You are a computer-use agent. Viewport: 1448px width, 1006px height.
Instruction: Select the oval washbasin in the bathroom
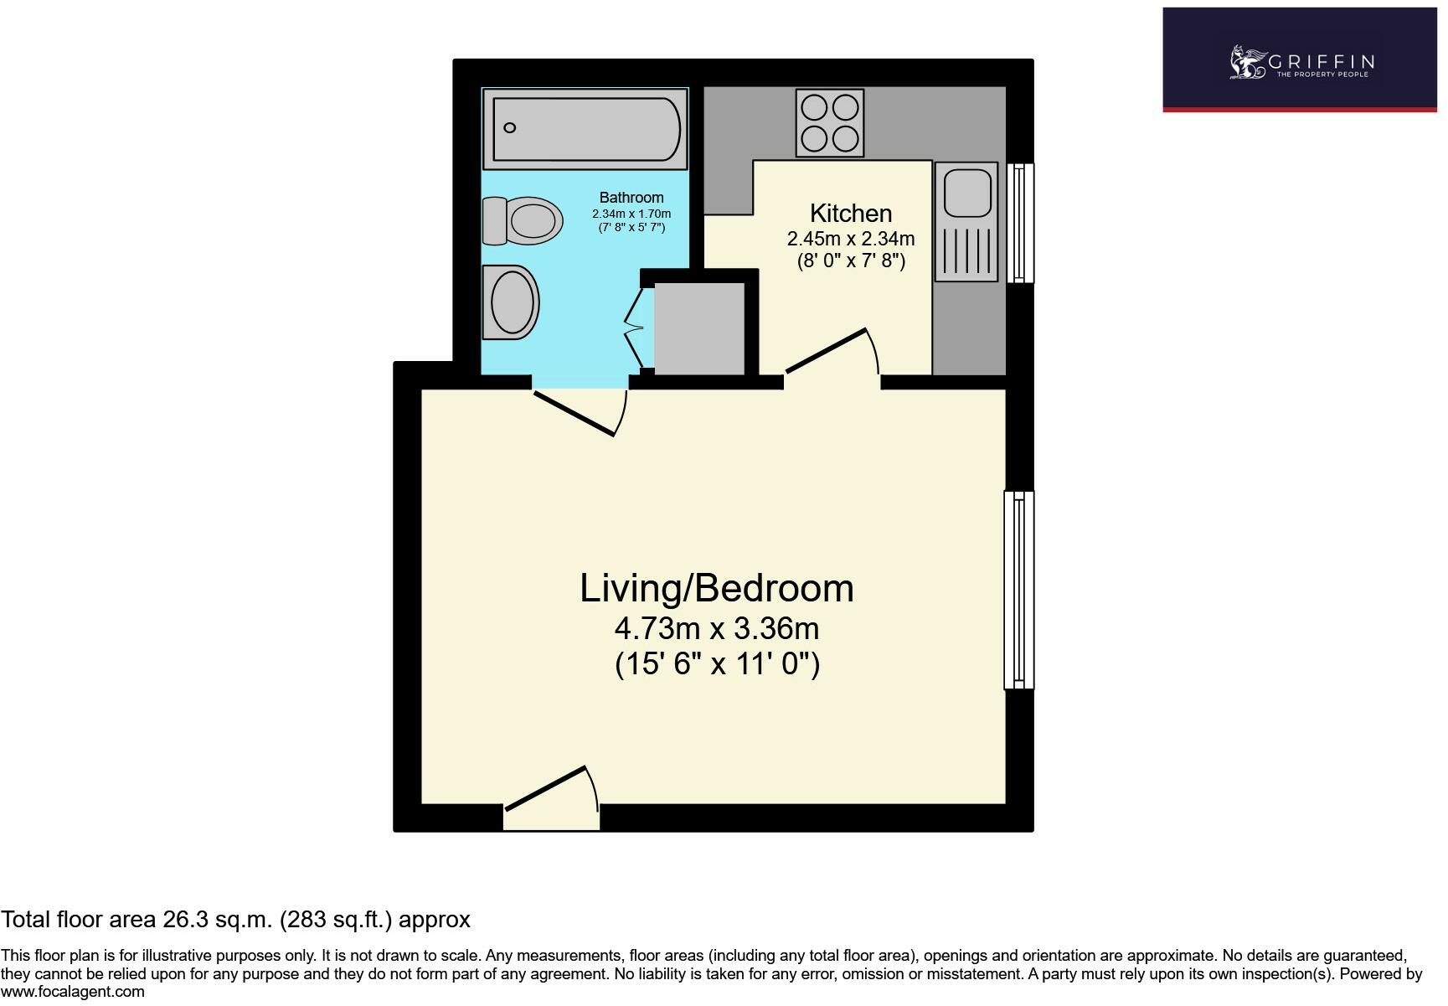pos(510,302)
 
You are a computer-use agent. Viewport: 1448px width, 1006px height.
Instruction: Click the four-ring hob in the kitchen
pos(829,123)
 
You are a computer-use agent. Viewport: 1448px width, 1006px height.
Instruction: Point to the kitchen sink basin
pos(967,193)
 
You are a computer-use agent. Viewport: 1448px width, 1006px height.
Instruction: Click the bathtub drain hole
pos(509,128)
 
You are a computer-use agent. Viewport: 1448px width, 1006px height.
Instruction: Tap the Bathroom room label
pos(631,198)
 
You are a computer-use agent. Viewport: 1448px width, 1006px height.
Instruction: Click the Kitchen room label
pos(851,214)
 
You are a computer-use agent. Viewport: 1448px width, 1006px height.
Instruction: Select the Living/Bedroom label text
pos(717,588)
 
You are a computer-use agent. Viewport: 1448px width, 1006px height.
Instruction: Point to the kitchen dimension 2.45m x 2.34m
pos(851,239)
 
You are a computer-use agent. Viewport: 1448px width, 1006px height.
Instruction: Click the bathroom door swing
pos(580,412)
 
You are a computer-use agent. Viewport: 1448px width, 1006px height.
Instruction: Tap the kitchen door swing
pos(832,351)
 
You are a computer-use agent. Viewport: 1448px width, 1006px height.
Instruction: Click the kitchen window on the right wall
pos(1019,222)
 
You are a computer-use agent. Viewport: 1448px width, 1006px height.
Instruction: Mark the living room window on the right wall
pos(1019,590)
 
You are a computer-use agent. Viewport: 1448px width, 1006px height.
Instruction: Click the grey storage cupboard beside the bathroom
pos(699,329)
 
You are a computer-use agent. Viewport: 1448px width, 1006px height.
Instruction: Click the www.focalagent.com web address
pos(73,992)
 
